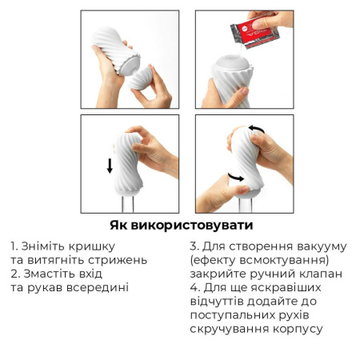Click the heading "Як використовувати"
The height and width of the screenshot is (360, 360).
(179, 225)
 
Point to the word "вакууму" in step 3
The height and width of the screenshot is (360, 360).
(318, 246)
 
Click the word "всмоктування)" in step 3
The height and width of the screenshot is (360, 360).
(285, 259)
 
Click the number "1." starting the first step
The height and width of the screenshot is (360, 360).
(15, 246)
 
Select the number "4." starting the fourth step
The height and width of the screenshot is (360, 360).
(195, 287)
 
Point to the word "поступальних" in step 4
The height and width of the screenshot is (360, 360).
(232, 314)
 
